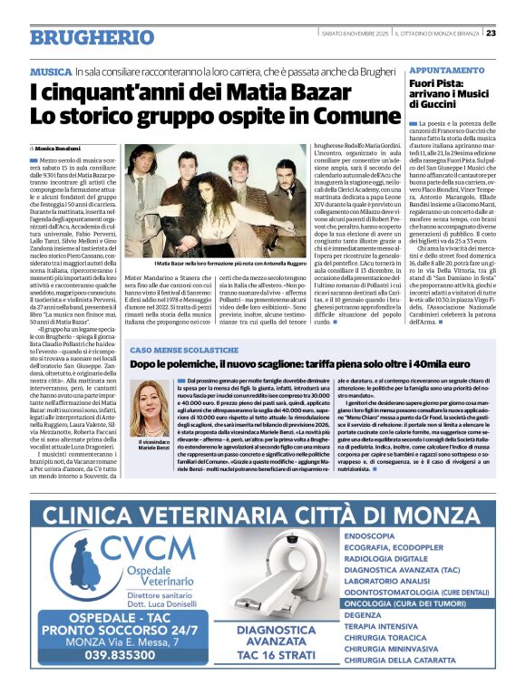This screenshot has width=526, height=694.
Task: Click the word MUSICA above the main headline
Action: click(50, 70)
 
